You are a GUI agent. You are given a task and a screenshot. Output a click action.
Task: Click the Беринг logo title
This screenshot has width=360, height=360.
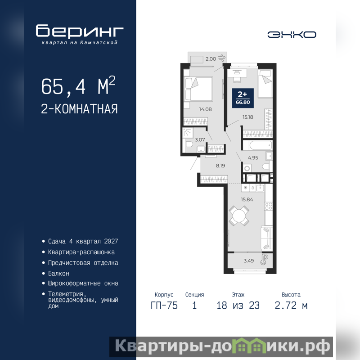[80, 31]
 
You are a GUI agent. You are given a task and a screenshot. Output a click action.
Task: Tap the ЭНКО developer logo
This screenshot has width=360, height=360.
[292, 35]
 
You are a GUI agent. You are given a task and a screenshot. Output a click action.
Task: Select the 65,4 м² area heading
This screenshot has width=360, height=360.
[78, 85]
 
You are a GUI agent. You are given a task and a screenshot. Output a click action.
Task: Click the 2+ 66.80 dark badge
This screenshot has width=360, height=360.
[243, 98]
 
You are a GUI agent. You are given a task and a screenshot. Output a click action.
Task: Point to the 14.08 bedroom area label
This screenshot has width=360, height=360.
[205, 109]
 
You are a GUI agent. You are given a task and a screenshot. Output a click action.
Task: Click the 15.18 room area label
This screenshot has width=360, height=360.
[248, 117]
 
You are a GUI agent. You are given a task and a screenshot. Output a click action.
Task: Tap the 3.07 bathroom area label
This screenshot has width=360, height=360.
[200, 139]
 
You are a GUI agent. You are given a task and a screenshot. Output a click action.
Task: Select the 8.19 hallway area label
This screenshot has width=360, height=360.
[220, 166]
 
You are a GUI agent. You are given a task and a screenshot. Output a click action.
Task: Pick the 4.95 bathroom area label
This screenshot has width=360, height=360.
[253, 158]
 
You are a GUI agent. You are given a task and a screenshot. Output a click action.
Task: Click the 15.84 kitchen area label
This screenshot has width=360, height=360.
[247, 199]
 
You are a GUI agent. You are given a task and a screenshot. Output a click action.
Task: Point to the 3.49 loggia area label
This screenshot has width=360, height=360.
[249, 261]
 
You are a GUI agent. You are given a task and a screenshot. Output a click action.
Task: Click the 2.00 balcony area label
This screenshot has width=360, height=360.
[211, 59]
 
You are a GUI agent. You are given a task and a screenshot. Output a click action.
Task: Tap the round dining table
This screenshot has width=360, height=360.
[239, 216]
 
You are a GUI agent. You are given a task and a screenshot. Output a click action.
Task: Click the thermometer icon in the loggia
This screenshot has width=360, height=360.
[264, 260]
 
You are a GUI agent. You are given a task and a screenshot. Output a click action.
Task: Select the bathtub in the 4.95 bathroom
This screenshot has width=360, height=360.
[257, 145]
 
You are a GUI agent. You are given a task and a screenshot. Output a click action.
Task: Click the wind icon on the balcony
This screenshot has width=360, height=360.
[222, 58]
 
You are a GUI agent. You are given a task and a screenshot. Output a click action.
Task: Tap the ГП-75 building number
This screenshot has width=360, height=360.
[164, 306]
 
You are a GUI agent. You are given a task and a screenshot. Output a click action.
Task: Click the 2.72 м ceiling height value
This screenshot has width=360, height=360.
[291, 306]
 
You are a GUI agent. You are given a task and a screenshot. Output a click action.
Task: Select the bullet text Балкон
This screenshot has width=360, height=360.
[58, 274]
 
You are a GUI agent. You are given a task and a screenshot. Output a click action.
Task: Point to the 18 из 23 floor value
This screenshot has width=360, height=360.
[238, 306]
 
